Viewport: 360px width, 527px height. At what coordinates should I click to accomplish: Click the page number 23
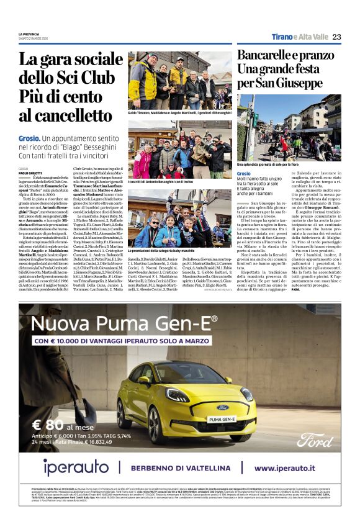[x=336, y=37]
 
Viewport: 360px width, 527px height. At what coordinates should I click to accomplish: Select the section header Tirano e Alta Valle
[x=299, y=37]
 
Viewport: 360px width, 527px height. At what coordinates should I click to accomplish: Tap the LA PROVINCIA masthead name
[x=30, y=34]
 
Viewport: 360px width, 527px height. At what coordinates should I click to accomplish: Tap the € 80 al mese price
[x=64, y=426]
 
